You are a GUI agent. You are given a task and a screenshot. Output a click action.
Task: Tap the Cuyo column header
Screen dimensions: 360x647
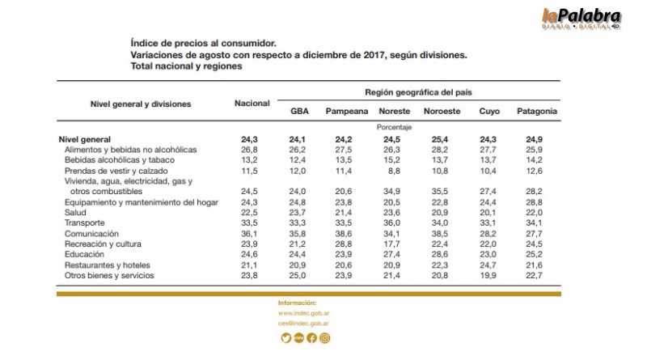tap(490, 112)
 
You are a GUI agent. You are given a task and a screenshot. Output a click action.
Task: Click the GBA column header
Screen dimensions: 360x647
tap(299, 112)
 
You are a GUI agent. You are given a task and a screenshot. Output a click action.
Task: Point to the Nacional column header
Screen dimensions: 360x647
tap(252, 104)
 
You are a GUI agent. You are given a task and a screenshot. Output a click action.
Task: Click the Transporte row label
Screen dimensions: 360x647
tap(84, 223)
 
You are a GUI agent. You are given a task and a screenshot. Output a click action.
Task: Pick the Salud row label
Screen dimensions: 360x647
tap(77, 213)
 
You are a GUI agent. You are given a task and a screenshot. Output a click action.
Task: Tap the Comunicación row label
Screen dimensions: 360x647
tap(91, 234)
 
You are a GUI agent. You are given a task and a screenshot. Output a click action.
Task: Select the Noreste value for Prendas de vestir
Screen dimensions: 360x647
tap(394, 171)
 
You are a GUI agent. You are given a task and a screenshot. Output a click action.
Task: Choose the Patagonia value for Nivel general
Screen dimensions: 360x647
tap(535, 139)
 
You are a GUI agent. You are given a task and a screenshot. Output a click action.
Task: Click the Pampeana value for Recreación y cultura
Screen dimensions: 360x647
tap(346, 244)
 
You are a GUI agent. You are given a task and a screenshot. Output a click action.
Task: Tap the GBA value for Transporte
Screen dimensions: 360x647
tap(299, 223)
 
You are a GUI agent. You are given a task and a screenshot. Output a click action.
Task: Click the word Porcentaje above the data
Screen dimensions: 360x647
tap(394, 128)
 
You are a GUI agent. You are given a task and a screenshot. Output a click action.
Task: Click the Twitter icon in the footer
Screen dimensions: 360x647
tap(285, 338)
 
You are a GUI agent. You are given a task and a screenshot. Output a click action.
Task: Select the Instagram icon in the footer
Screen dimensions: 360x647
tap(324, 338)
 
